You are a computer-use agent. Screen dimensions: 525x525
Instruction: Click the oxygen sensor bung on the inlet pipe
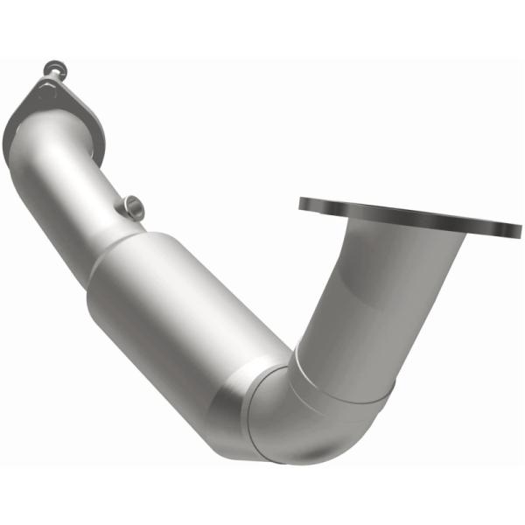[x=133, y=207]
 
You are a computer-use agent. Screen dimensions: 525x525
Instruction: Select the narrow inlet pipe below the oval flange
[x=83, y=188]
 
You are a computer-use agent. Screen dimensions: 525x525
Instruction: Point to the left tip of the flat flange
[x=302, y=204]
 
